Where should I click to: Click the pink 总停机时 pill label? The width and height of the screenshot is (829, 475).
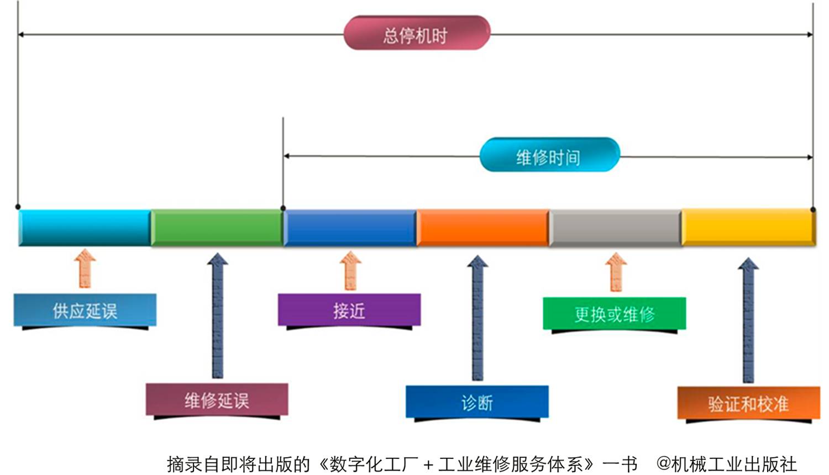[416, 34]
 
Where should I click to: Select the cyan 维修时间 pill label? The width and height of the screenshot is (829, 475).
[549, 156]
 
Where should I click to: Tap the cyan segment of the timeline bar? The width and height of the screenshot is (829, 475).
[85, 227]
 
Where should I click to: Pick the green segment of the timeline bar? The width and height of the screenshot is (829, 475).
[217, 227]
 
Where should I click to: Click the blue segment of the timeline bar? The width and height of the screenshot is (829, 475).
[350, 227]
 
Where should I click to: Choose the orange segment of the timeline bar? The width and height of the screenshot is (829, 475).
[482, 227]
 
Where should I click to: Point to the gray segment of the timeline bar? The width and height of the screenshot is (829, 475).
[615, 227]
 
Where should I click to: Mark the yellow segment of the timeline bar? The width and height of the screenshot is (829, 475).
[748, 227]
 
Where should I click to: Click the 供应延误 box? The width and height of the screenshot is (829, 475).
[85, 310]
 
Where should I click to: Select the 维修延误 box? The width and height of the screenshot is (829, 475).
[217, 399]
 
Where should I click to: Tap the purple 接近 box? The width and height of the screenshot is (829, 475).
[349, 310]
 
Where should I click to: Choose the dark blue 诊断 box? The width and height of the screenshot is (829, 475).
[477, 402]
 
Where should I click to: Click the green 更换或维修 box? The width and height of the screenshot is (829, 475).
[615, 314]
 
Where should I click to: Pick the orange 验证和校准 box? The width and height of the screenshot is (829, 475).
[748, 404]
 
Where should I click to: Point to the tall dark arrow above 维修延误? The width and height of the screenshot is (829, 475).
[218, 315]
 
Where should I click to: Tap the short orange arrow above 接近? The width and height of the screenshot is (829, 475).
[350, 270]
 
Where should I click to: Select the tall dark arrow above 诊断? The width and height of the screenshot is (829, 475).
[478, 318]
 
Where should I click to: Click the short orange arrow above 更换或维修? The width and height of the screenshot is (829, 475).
[616, 271]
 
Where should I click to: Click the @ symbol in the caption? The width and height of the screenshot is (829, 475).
[663, 463]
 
